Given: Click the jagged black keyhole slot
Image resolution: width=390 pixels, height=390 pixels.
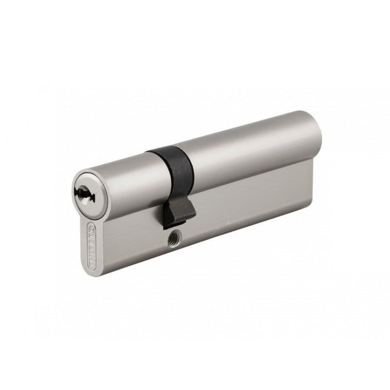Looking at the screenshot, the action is (x=84, y=195).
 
